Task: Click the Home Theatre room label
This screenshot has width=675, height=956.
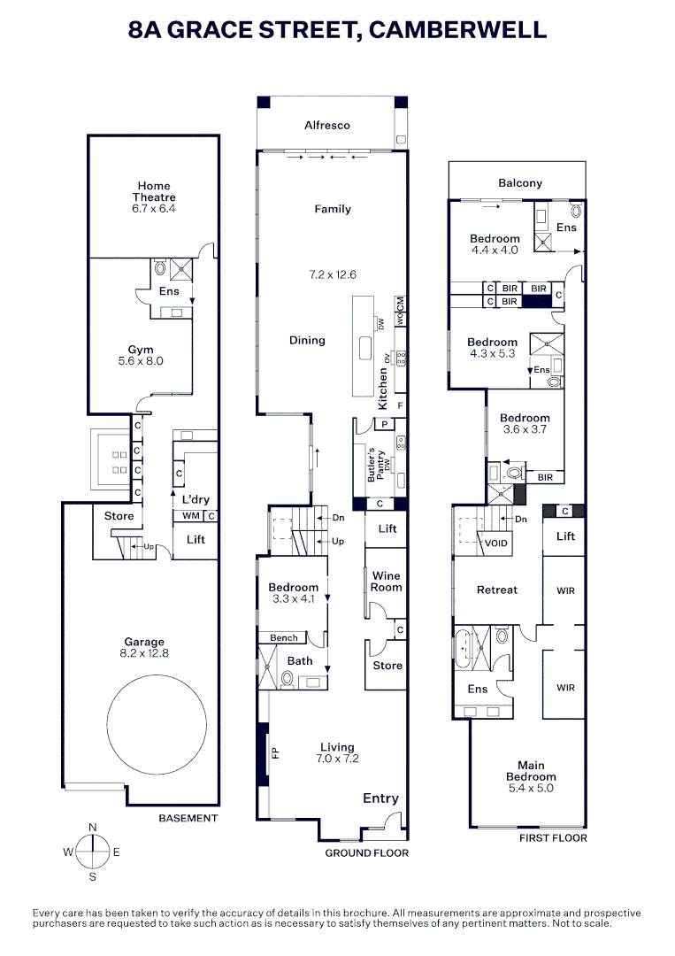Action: pyautogui.click(x=154, y=192)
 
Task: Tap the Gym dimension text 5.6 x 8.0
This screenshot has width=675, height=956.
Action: pyautogui.click(x=142, y=361)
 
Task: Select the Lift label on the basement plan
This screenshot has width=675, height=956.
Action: pyautogui.click(x=196, y=539)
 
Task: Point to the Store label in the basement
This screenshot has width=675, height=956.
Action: pyautogui.click(x=119, y=516)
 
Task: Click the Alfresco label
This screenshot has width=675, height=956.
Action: pyautogui.click(x=327, y=126)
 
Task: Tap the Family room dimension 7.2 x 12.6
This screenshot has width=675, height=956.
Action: pyautogui.click(x=333, y=274)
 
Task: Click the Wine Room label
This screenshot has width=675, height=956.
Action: pyautogui.click(x=386, y=582)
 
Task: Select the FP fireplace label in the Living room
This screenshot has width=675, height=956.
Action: pyautogui.click(x=274, y=753)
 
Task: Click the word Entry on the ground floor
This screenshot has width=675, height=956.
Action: pyautogui.click(x=380, y=798)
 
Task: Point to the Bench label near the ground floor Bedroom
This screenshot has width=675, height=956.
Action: pyautogui.click(x=284, y=637)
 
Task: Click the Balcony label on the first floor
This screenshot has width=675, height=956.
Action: pyautogui.click(x=519, y=183)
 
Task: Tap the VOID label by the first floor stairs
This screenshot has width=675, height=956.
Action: pyautogui.click(x=496, y=544)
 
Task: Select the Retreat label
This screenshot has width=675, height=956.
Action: pyautogui.click(x=496, y=590)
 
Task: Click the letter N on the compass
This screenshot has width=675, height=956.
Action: pyautogui.click(x=93, y=827)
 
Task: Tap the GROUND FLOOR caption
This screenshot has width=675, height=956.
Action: pyautogui.click(x=366, y=853)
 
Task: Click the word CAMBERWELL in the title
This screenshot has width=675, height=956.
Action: pyautogui.click(x=457, y=30)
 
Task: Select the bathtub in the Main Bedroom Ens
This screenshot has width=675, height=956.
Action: pyautogui.click(x=464, y=651)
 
